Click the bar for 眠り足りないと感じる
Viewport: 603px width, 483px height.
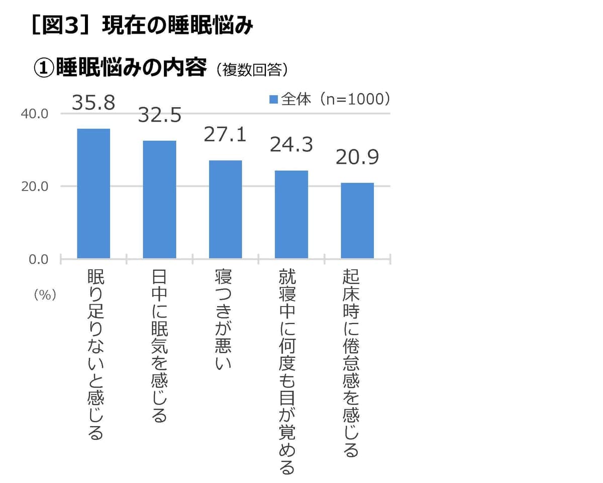coord(93,194)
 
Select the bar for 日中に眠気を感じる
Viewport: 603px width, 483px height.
coord(159,200)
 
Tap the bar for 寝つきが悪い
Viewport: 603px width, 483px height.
coord(225,209)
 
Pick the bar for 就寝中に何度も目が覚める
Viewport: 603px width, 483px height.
coord(291,215)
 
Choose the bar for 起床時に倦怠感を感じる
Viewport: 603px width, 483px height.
coord(357,221)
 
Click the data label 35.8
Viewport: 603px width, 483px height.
coord(93,103)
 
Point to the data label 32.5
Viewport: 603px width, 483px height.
coord(159,116)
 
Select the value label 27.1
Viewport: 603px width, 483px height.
coord(225,135)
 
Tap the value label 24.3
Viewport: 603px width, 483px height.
coord(291,145)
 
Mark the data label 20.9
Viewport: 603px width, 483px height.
coord(357,157)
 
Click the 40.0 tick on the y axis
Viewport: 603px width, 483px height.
coord(34,114)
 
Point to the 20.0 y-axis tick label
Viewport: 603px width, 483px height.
coord(34,187)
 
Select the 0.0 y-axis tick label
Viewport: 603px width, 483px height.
coord(38,260)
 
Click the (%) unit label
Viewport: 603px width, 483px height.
coord(45,296)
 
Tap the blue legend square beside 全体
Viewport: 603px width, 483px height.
coord(273,100)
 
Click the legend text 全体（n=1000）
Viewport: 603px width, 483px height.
coord(335,100)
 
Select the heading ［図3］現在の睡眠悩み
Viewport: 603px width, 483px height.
coord(142,26)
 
